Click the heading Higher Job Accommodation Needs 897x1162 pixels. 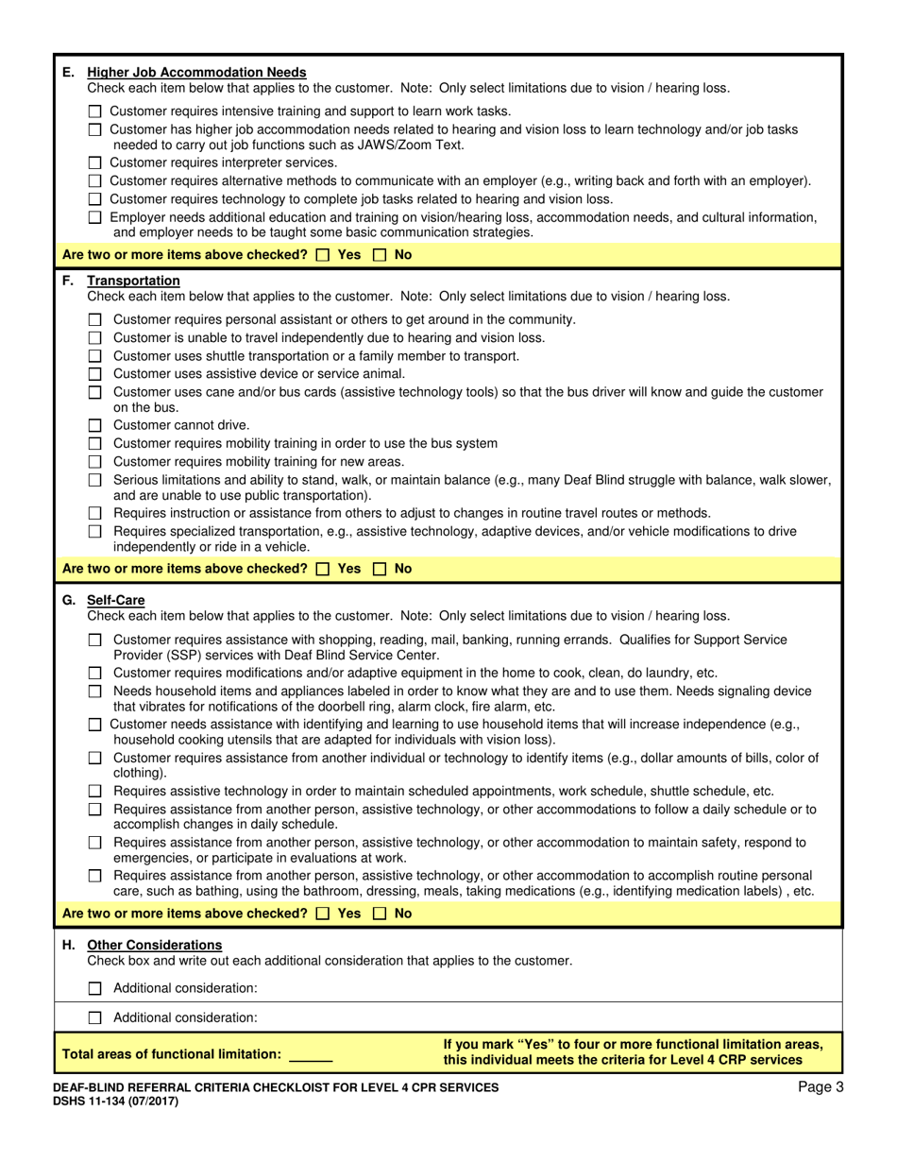(196, 73)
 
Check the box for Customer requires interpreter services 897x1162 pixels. (94, 163)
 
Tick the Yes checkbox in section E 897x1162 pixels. (324, 255)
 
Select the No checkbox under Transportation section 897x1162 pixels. (381, 569)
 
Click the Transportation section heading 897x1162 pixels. (133, 281)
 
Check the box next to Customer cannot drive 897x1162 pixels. (94, 425)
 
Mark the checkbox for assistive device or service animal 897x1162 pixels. (94, 374)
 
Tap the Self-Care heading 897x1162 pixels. (116, 600)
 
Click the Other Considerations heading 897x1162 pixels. (155, 945)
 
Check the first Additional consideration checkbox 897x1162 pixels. (94, 988)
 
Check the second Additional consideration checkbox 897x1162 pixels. (94, 1018)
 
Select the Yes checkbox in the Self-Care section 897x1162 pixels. (324, 914)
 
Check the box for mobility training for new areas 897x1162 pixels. (94, 462)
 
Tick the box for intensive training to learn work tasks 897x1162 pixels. (94, 111)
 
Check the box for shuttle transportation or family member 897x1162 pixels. (94, 356)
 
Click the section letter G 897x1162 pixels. (69, 600)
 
